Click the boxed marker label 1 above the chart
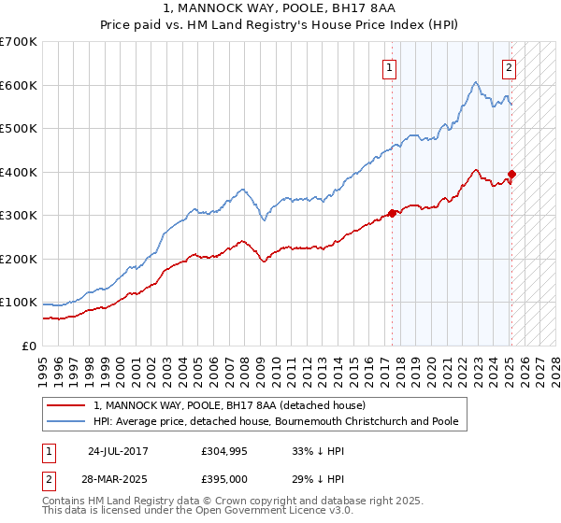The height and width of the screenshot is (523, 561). pyautogui.click(x=388, y=66)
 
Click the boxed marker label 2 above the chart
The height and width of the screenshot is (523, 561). pyautogui.click(x=509, y=66)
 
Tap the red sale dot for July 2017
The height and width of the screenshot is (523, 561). pyautogui.click(x=393, y=213)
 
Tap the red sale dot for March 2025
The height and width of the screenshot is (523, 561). pyautogui.click(x=512, y=174)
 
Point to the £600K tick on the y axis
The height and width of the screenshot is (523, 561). pyautogui.click(x=20, y=85)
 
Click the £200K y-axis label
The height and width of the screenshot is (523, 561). pyautogui.click(x=20, y=259)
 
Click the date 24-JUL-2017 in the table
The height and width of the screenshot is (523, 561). pyautogui.click(x=117, y=450)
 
